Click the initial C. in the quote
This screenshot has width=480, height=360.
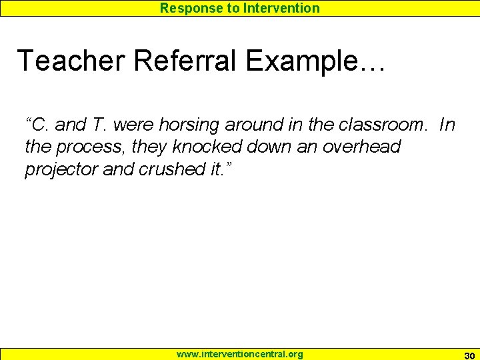(x=41, y=125)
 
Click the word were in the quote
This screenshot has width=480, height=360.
(x=134, y=125)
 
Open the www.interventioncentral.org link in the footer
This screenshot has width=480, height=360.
(x=239, y=354)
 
